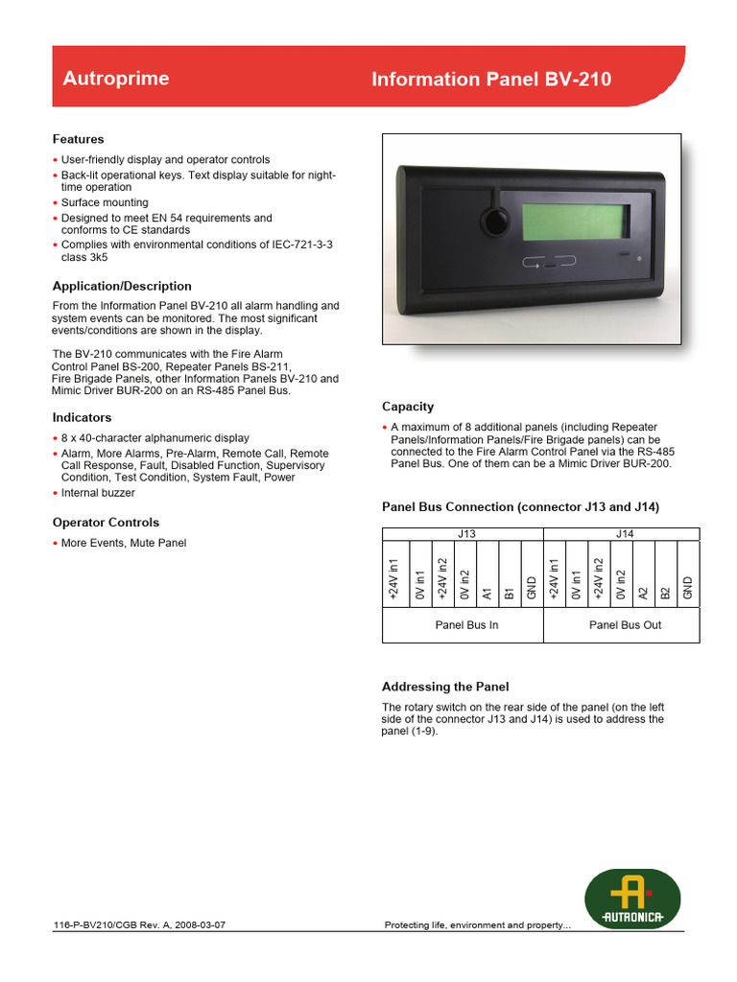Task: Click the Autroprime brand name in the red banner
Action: [115, 79]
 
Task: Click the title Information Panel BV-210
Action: [490, 80]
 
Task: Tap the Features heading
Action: [78, 139]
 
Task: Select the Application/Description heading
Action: [122, 286]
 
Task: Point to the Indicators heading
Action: [82, 417]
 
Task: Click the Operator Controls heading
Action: [106, 523]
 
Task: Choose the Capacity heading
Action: [408, 407]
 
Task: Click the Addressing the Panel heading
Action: [445, 687]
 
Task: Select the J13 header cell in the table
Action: [463, 534]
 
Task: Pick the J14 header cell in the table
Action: [621, 534]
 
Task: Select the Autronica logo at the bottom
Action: [632, 899]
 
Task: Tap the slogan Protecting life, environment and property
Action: [477, 925]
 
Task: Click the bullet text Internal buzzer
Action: [98, 493]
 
